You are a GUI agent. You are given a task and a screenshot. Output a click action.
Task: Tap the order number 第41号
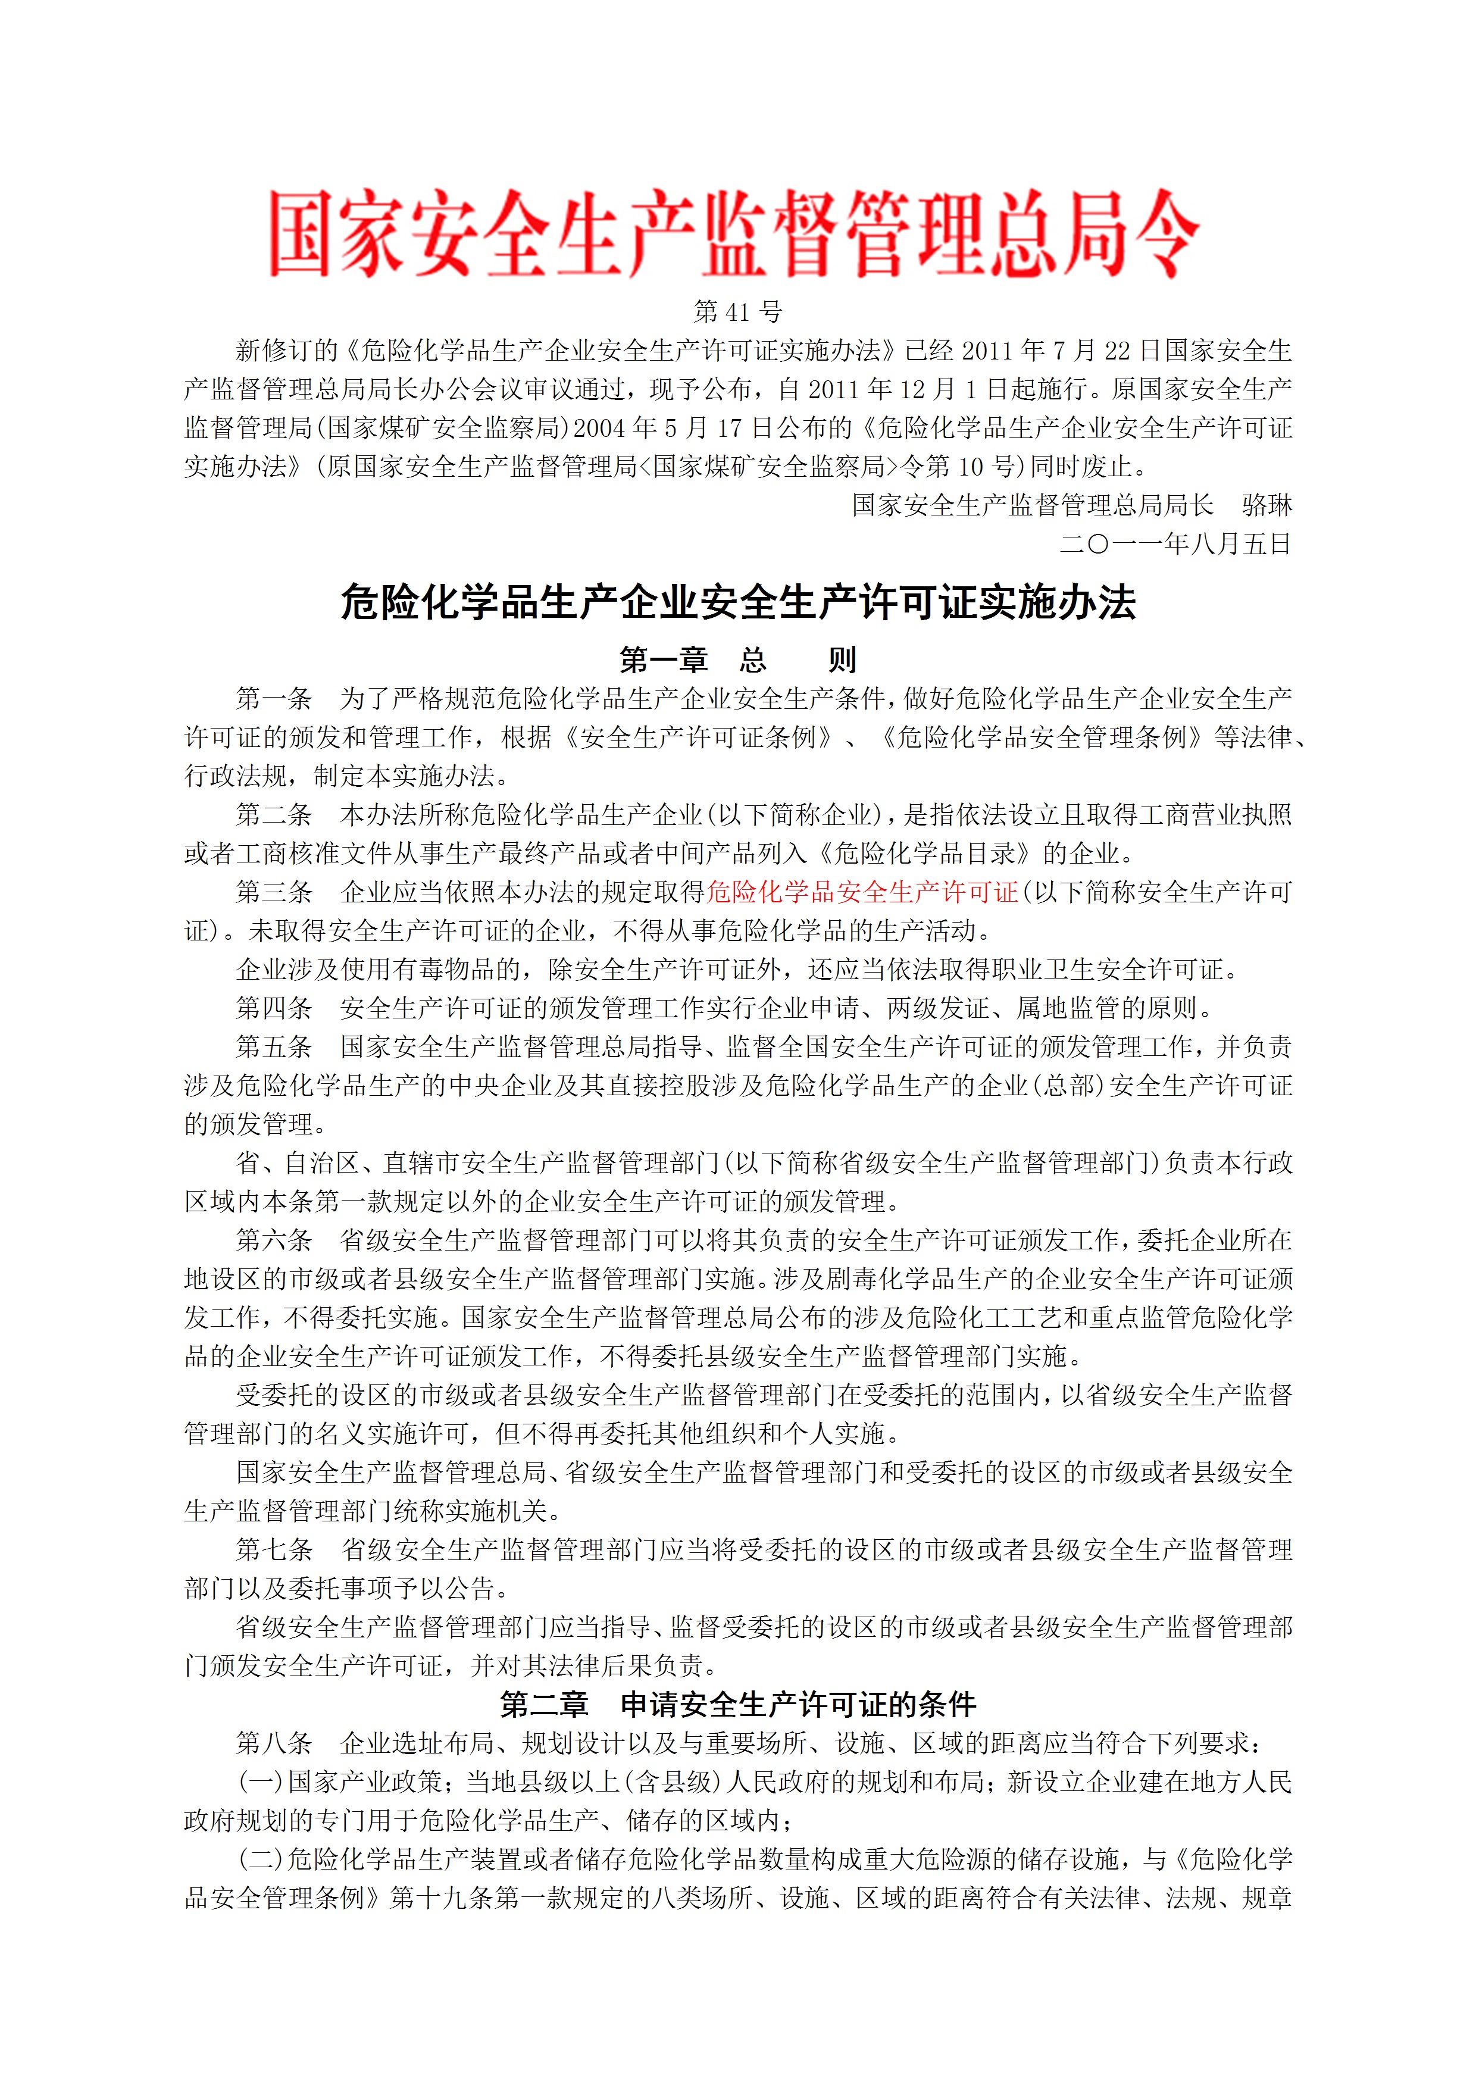click(x=737, y=312)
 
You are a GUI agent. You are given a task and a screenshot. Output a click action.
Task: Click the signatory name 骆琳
click(x=1266, y=505)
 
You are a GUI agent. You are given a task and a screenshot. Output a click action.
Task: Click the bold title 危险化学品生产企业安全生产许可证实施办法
click(x=737, y=602)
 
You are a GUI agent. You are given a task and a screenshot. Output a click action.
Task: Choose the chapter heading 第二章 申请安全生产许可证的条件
click(x=737, y=1703)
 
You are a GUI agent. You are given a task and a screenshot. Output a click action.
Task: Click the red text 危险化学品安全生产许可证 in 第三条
click(x=862, y=892)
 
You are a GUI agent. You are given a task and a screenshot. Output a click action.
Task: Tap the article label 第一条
click(x=274, y=698)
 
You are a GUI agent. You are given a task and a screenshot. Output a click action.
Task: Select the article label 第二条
click(x=274, y=815)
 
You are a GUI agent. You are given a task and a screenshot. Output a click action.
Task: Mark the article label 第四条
click(x=274, y=1008)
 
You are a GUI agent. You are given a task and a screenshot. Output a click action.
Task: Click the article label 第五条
click(x=274, y=1047)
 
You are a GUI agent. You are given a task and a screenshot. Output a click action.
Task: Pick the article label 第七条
click(x=274, y=1549)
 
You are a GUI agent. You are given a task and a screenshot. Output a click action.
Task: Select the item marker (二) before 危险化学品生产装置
click(x=261, y=1859)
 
